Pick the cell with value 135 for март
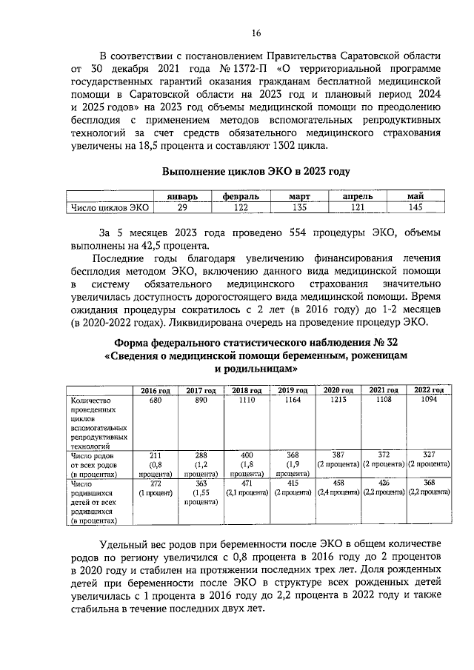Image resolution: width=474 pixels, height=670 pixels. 296,208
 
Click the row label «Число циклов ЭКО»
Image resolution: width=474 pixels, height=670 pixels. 108,208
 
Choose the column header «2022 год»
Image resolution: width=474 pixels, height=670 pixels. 428,390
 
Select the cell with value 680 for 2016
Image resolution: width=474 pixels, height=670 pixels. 156,400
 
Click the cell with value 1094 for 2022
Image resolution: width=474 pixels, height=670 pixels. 428,400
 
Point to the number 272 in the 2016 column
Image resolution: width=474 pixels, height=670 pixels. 156,482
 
